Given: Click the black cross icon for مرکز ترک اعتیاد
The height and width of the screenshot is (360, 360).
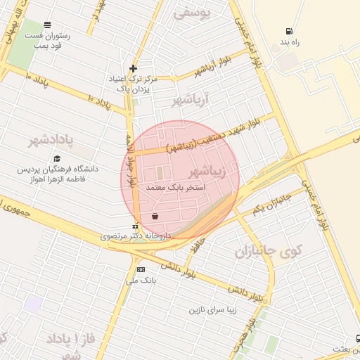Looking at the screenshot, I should click(x=133, y=68).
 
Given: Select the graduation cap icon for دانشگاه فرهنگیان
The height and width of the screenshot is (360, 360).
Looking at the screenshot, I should click(x=58, y=159).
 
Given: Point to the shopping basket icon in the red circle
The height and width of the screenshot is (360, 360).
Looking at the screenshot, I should click(x=155, y=216).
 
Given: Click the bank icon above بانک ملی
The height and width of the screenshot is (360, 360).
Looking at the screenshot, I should click(x=141, y=269).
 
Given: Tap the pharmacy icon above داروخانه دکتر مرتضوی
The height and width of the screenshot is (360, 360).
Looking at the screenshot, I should click(x=136, y=226).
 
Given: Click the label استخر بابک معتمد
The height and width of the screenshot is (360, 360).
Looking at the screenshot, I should click(x=176, y=188).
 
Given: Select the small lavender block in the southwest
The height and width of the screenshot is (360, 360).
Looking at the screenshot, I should click(x=33, y=304).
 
